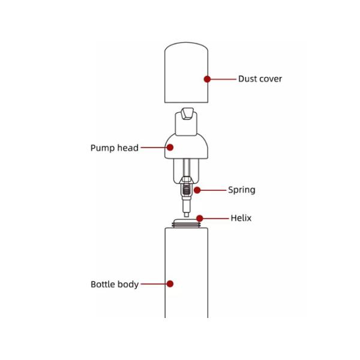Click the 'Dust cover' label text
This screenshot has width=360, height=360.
click(x=260, y=79)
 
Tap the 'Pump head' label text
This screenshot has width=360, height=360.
click(x=115, y=148)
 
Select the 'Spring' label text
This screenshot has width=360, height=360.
click(x=241, y=190)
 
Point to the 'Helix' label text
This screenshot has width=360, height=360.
click(x=241, y=218)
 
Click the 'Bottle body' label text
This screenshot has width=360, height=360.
click(x=115, y=284)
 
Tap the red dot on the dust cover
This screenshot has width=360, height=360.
click(x=207, y=79)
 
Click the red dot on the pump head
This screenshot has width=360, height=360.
click(x=170, y=147)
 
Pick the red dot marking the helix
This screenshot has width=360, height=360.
click(x=200, y=218)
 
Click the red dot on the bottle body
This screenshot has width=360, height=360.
click(x=170, y=284)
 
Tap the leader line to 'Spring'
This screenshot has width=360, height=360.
click(x=212, y=190)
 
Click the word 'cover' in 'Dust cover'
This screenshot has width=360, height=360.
click(x=271, y=79)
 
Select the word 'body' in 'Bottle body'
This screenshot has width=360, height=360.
click(x=129, y=284)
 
